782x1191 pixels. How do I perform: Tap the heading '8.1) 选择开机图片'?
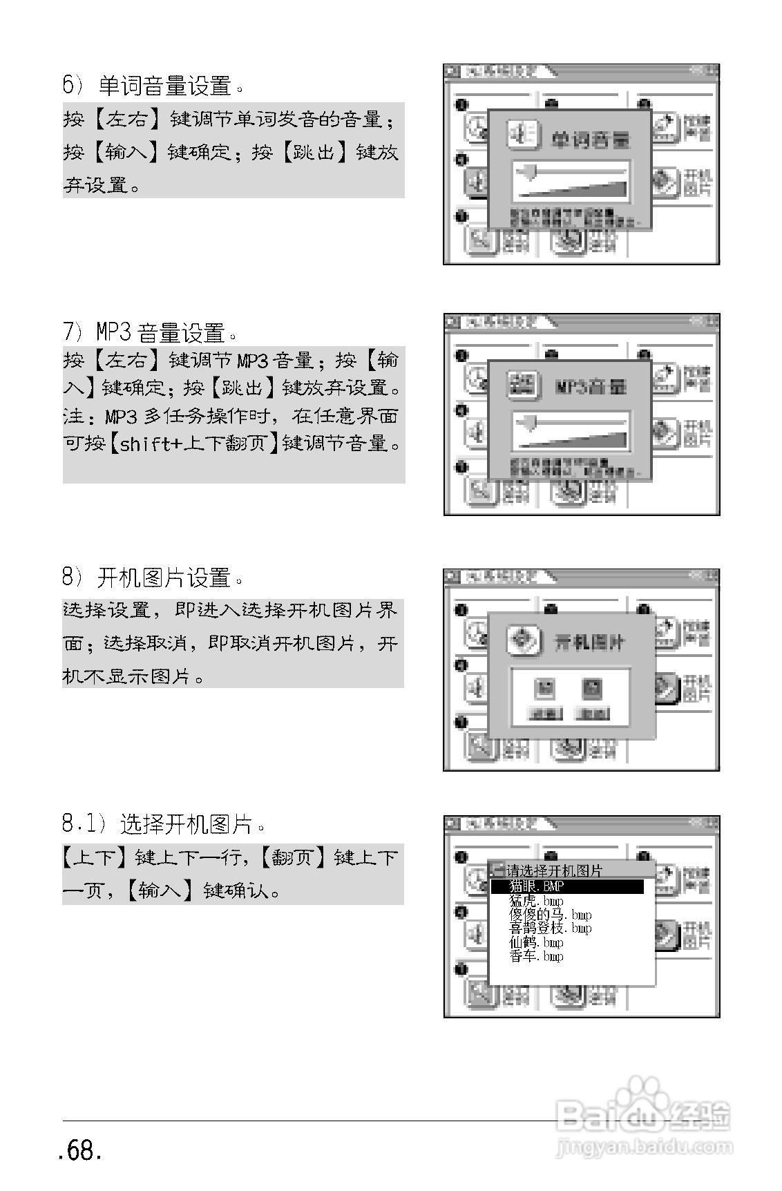point(163,823)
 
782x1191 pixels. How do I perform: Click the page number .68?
point(81,1150)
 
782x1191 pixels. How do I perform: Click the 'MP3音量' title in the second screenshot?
point(591,386)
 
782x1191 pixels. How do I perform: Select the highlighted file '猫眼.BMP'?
point(537,886)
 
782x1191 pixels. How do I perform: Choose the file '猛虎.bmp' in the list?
point(536,901)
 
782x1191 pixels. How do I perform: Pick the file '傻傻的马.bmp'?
point(550,915)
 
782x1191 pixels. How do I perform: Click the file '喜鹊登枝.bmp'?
point(550,928)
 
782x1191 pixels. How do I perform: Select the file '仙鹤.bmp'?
point(536,942)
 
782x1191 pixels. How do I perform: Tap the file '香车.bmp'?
point(536,956)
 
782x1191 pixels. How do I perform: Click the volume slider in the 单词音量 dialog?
point(571,180)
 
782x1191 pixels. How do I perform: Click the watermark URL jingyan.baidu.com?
point(642,1147)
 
